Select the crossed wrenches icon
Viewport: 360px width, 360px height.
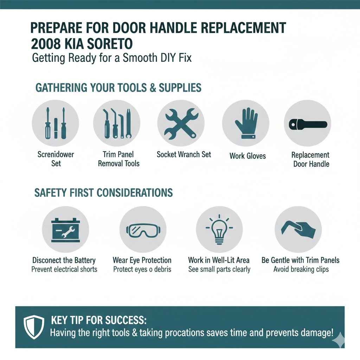point(181,123)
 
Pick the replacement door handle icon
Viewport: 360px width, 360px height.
point(307,124)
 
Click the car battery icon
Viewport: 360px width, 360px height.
point(65,229)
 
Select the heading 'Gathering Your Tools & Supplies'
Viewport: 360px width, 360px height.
point(118,87)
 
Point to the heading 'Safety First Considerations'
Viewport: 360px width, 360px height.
point(103,193)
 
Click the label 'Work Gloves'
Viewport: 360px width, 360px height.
point(247,155)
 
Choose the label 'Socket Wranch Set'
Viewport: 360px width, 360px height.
point(184,154)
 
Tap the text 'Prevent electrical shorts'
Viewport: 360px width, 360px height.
point(64,270)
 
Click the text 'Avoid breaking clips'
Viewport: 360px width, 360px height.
point(301,270)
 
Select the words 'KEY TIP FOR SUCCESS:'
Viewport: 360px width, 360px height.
point(98,321)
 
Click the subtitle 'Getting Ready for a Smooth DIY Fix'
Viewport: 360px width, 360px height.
point(112,58)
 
